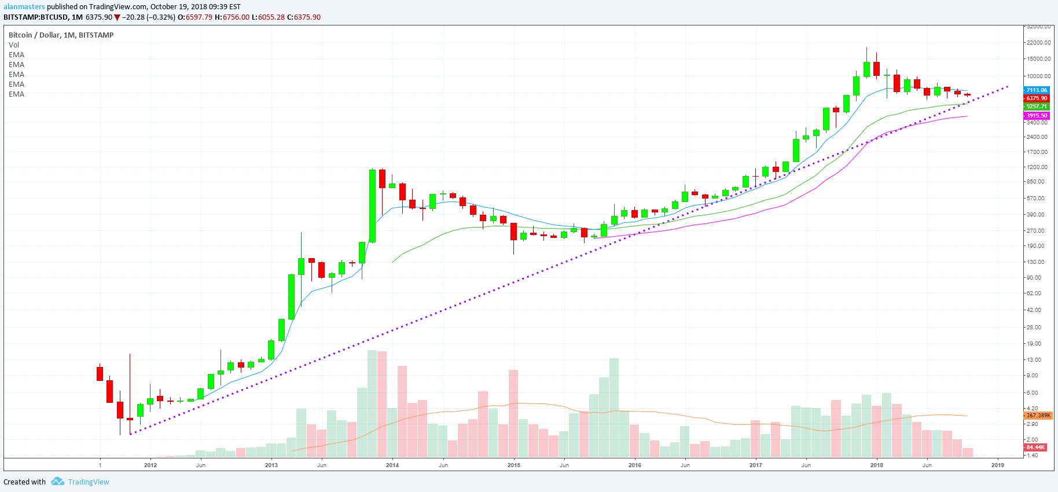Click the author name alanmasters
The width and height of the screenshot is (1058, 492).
point(24,7)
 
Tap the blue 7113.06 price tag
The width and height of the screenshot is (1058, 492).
point(1036,90)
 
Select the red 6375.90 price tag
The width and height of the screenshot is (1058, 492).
point(1036,98)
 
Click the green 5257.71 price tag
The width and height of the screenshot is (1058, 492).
point(1036,107)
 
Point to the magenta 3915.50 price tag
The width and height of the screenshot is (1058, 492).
point(1036,116)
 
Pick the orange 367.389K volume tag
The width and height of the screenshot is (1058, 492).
point(1038,416)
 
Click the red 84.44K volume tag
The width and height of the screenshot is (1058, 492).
point(1035,447)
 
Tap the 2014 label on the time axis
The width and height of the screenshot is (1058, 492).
point(392,465)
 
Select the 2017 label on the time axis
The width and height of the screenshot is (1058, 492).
point(755,465)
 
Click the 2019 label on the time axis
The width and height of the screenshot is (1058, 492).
point(997,465)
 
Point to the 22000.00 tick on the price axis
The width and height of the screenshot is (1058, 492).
point(1038,43)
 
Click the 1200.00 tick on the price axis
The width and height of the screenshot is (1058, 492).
point(1037,167)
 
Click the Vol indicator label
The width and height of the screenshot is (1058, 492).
point(14,45)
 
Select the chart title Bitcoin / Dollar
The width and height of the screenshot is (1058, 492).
point(34,35)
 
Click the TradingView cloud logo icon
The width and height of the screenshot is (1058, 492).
point(57,482)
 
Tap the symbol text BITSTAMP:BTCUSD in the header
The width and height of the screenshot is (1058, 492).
point(35,17)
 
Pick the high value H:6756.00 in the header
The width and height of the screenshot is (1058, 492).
point(232,17)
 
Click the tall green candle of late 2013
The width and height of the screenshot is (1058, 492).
point(372,205)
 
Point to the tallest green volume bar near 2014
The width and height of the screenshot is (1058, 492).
point(372,403)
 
